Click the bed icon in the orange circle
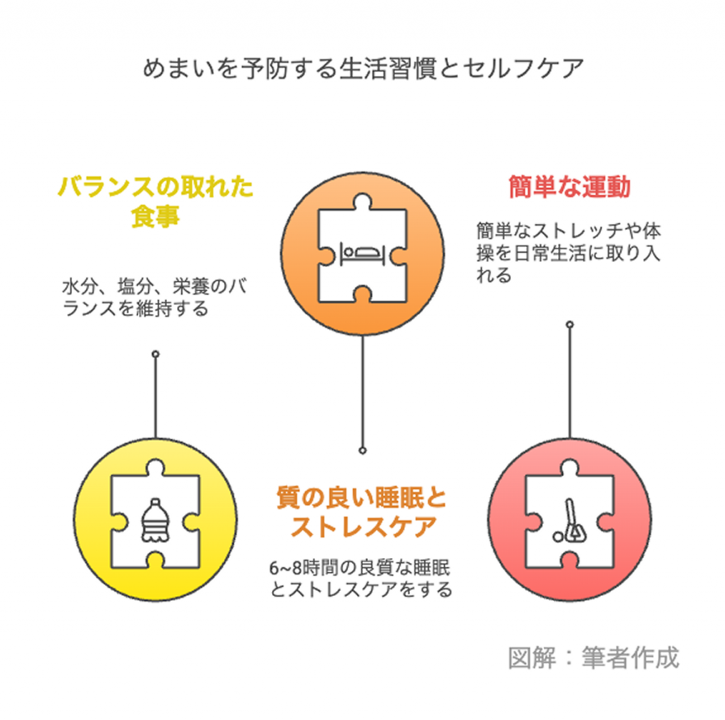(362, 253)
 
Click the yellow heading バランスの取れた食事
(155, 202)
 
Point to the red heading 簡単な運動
(569, 188)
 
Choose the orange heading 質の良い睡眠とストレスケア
(362, 512)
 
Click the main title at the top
(362, 70)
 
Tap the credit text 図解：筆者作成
(593, 657)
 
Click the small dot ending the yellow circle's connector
(155, 353)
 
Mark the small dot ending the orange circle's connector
(362, 450)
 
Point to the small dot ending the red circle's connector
(569, 324)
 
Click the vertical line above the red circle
(569, 382)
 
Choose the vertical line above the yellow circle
(155, 396)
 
